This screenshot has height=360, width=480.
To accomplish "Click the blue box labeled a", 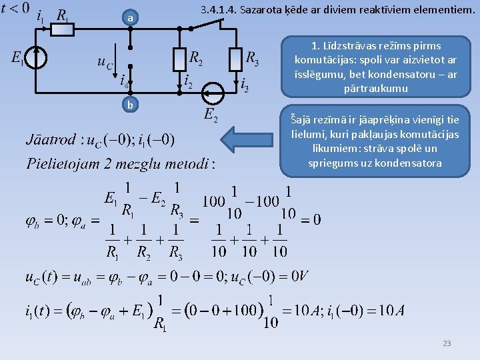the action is tap(131, 19).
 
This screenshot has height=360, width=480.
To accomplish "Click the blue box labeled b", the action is tap(131, 105).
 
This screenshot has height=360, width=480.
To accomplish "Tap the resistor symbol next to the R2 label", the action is tap(179, 59).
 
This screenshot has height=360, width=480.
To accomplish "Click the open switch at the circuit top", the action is tap(207, 25).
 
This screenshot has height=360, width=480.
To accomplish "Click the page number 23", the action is tap(447, 343).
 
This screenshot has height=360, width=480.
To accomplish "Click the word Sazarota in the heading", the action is tap(274, 11).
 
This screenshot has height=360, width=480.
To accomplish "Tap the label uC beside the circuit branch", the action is tap(105, 62).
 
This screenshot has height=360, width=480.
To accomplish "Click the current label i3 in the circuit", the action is tap(245, 85).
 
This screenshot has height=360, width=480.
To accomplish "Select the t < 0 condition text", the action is tap(15, 8).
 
